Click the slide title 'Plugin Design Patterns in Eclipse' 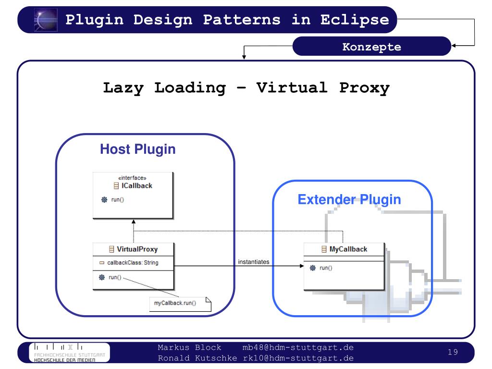(227, 20)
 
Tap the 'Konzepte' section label (371, 47)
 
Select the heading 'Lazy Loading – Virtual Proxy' (246, 88)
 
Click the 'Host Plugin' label (137, 149)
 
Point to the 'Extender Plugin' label (349, 199)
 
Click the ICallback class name (136, 185)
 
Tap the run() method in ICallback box (115, 200)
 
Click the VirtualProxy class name (137, 249)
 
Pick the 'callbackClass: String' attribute (133, 263)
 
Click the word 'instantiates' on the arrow (254, 262)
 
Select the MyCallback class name (348, 249)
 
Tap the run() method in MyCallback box (326, 268)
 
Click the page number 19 (453, 353)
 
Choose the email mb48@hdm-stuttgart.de (298, 347)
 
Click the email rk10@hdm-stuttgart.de (298, 358)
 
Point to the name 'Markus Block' (190, 347)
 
